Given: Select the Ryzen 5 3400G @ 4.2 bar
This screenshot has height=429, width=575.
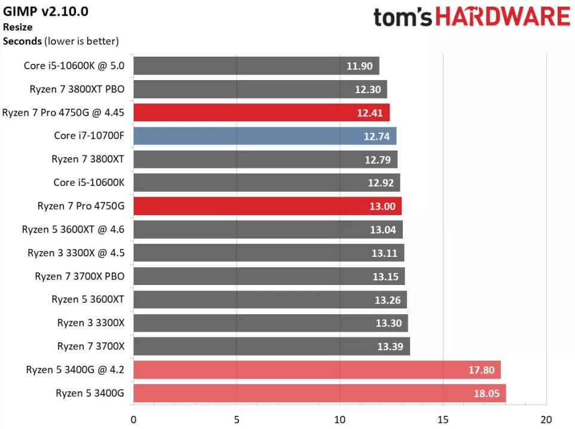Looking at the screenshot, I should pyautogui.click(x=317, y=370).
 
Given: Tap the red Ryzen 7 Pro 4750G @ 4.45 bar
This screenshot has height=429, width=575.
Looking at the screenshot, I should pyautogui.click(x=261, y=112).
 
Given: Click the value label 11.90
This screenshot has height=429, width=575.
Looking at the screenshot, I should pyautogui.click(x=359, y=66).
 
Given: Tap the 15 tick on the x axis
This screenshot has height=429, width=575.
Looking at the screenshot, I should pyautogui.click(x=443, y=419).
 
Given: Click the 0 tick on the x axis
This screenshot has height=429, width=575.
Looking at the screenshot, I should pyautogui.click(x=133, y=419).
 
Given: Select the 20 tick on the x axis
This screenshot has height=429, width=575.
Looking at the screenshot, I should pyautogui.click(x=546, y=419).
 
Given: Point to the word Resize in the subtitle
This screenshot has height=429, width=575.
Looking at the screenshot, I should pyautogui.click(x=17, y=27).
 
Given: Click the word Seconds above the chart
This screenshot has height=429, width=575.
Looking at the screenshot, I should pyautogui.click(x=22, y=41).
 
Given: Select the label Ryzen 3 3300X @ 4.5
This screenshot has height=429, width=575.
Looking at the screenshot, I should pyautogui.click(x=75, y=253).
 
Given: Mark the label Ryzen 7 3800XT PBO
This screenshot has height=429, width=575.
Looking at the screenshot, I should pyautogui.click(x=77, y=89).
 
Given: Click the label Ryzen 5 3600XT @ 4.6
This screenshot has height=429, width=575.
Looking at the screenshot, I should pyautogui.click(x=73, y=229).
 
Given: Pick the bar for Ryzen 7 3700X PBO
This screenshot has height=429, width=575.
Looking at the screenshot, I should pyautogui.click(x=269, y=277).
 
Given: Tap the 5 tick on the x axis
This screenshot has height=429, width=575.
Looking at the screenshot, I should pyautogui.click(x=237, y=419).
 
